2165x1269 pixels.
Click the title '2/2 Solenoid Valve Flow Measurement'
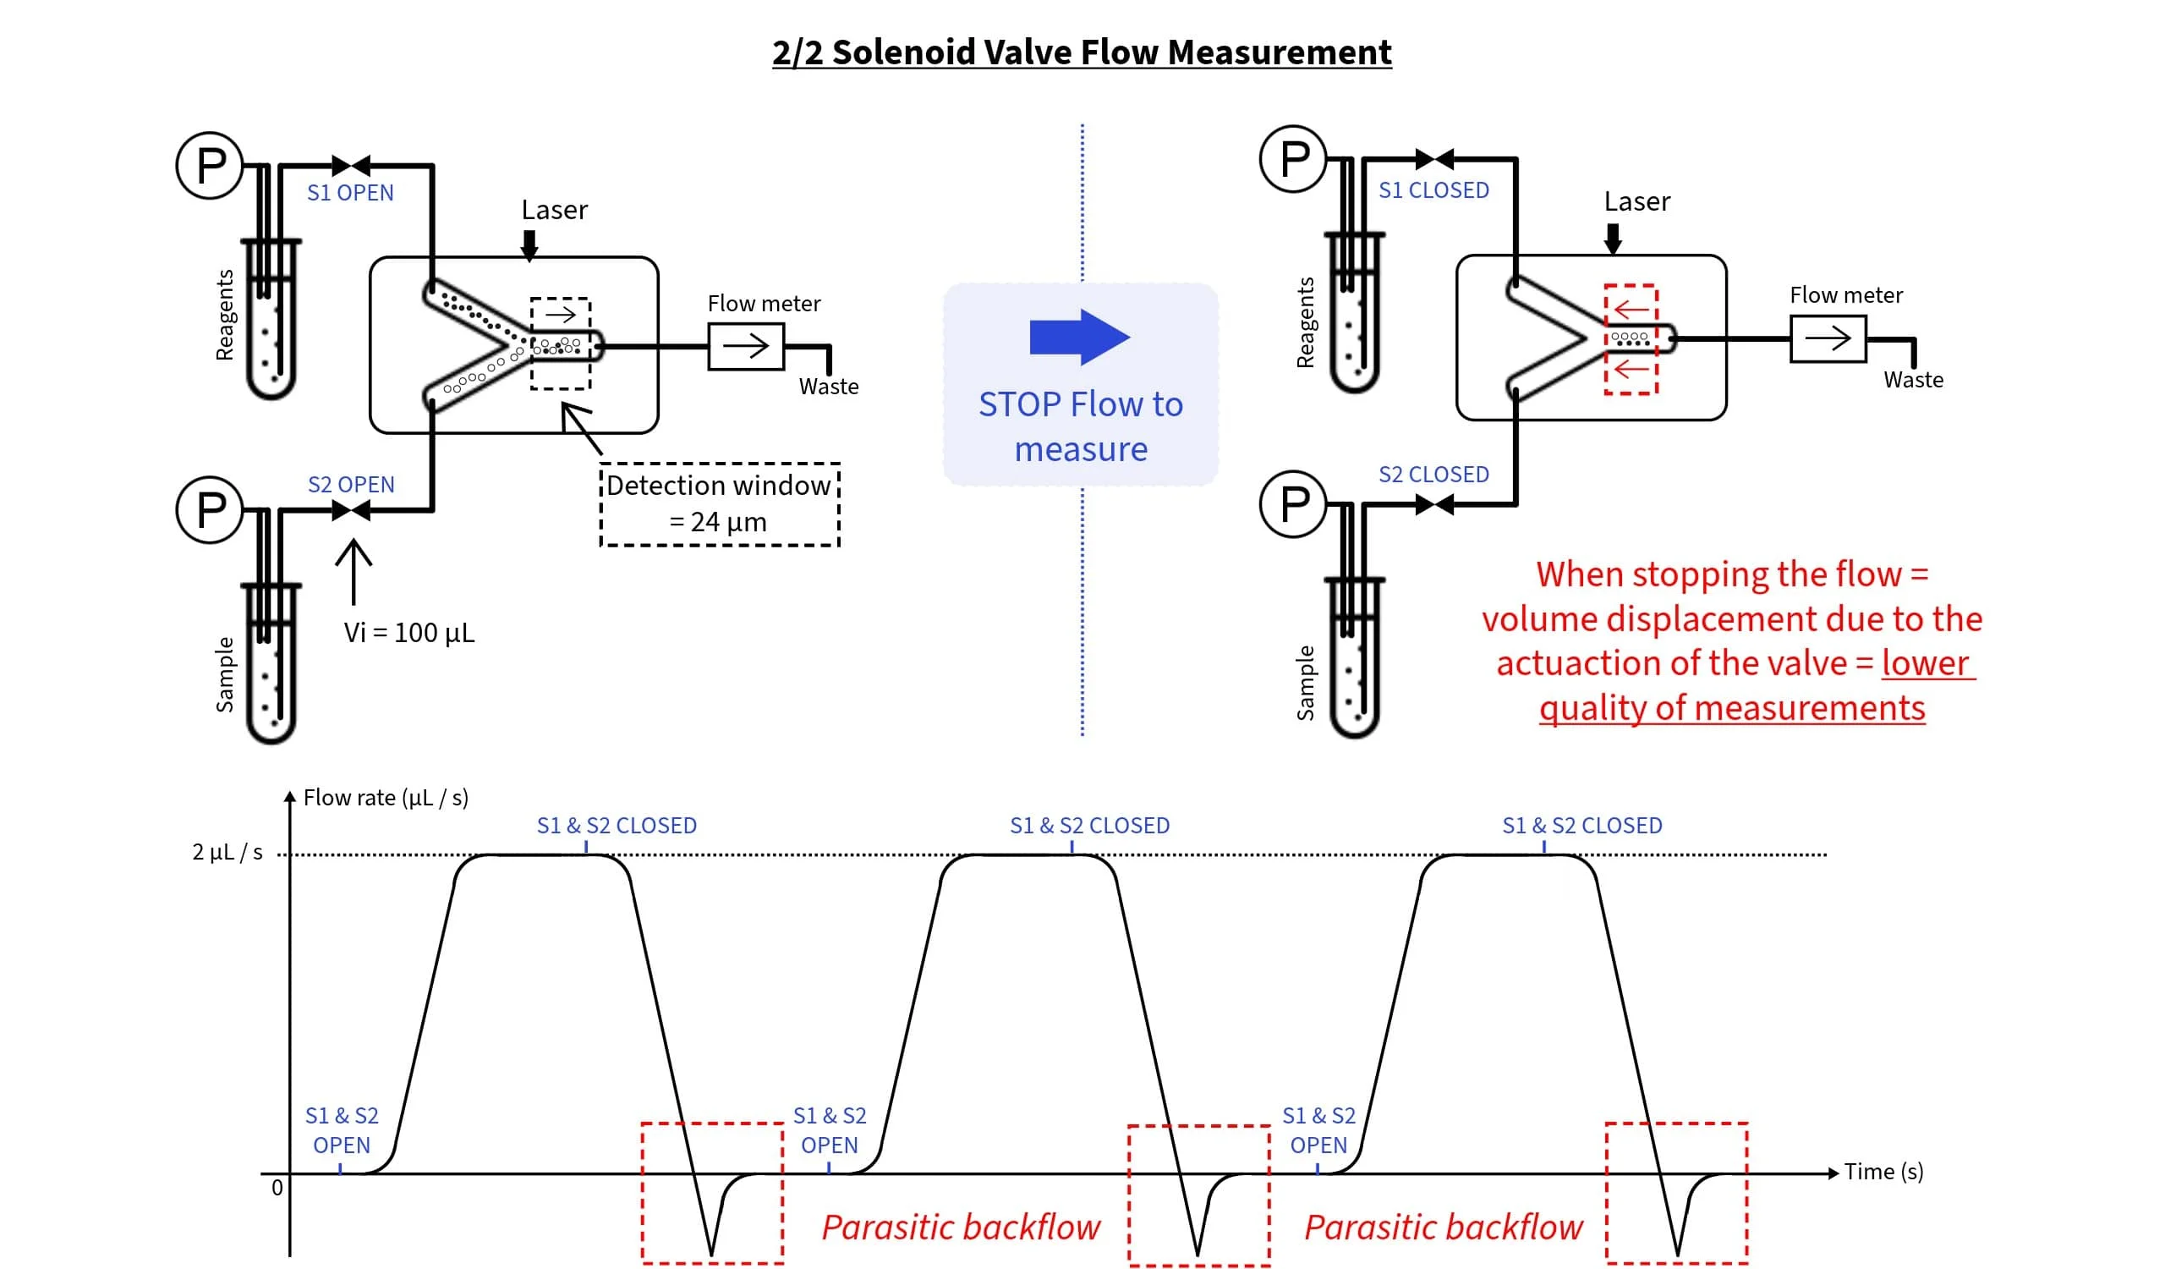1081,52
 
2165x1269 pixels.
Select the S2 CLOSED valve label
1433,474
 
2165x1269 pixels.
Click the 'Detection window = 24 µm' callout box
719,503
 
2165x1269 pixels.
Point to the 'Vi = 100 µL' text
409,632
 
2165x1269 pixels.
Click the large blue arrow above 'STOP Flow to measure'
1079,337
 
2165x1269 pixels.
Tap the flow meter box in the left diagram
746,346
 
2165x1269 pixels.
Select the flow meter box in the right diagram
1828,338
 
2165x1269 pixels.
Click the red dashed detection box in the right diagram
1631,339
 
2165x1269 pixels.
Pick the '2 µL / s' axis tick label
227,851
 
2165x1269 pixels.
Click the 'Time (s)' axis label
1883,1171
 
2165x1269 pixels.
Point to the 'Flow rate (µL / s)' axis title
386,797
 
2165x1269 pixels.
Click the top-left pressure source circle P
211,165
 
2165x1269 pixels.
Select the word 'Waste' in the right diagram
1912,380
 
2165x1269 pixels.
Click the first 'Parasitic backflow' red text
961,1226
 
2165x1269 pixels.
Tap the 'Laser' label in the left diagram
554,210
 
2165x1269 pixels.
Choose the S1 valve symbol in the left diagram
350,165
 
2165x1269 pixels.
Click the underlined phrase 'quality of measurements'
1731,707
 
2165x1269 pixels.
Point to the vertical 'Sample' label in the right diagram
1305,682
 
